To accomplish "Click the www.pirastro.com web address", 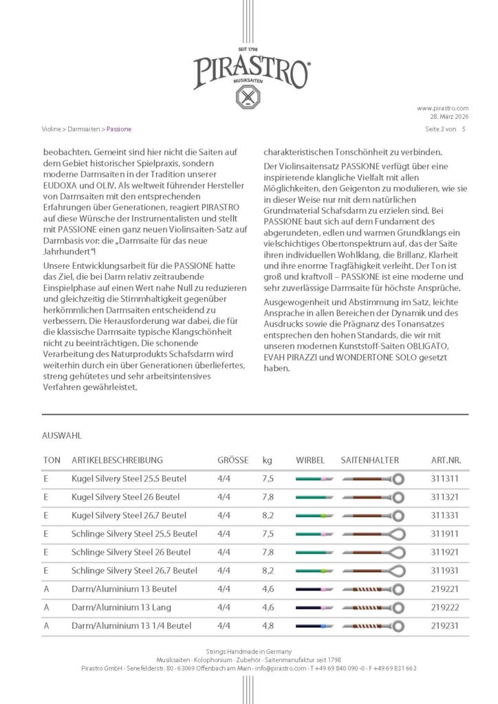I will pyautogui.click(x=443, y=108).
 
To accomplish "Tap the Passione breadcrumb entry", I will pyautogui.click(x=119, y=129).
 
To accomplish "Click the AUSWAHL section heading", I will pyautogui.click(x=62, y=436).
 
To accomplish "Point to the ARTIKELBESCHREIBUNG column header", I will pyautogui.click(x=116, y=459).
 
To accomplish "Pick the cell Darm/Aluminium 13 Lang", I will pyautogui.click(x=121, y=608).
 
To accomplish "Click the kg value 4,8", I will pyautogui.click(x=268, y=626).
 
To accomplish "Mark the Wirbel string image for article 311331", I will pyautogui.click(x=314, y=516).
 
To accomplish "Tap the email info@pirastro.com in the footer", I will pyautogui.click(x=279, y=668).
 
